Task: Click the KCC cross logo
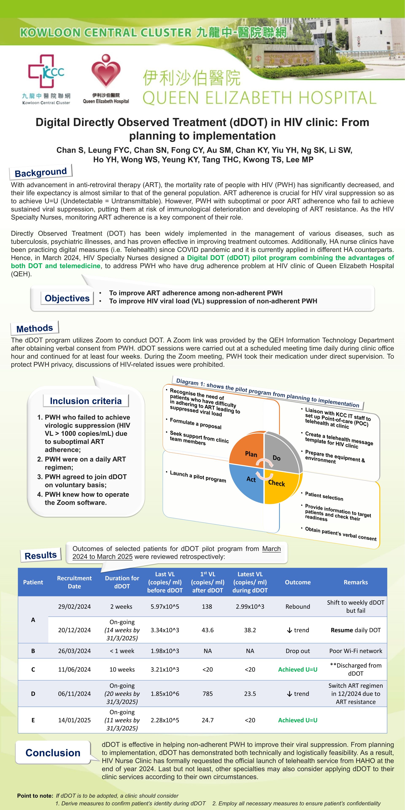(46, 71)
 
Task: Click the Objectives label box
(67, 298)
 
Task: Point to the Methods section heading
(35, 328)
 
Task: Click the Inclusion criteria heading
(85, 401)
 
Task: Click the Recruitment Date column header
(74, 582)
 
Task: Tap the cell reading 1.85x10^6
(165, 694)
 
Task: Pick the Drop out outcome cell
(297, 651)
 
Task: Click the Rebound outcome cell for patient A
(297, 607)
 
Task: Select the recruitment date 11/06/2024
(74, 670)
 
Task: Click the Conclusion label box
(53, 753)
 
